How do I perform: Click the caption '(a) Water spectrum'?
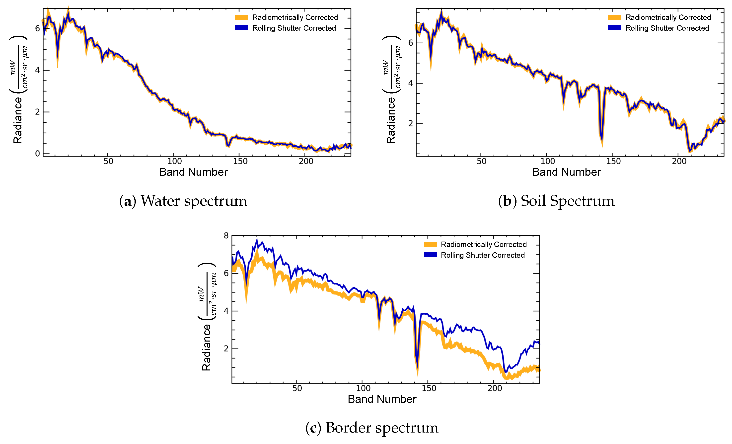183,201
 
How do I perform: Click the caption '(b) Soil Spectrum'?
556,201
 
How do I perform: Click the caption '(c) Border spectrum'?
372,428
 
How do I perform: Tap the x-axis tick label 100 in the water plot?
174,161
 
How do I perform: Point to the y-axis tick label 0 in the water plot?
37,154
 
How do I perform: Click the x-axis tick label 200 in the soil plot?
679,161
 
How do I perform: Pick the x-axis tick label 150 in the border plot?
429,388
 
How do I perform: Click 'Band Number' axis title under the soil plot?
566,172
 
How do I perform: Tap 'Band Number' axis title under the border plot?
382,399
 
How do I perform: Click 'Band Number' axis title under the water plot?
193,172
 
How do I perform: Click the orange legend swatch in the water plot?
241,17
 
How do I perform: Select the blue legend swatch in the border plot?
430,255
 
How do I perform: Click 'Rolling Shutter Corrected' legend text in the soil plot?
667,28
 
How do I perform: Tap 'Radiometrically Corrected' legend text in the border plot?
484,244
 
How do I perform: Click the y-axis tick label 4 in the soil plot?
411,83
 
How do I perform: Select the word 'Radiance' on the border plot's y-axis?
207,348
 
